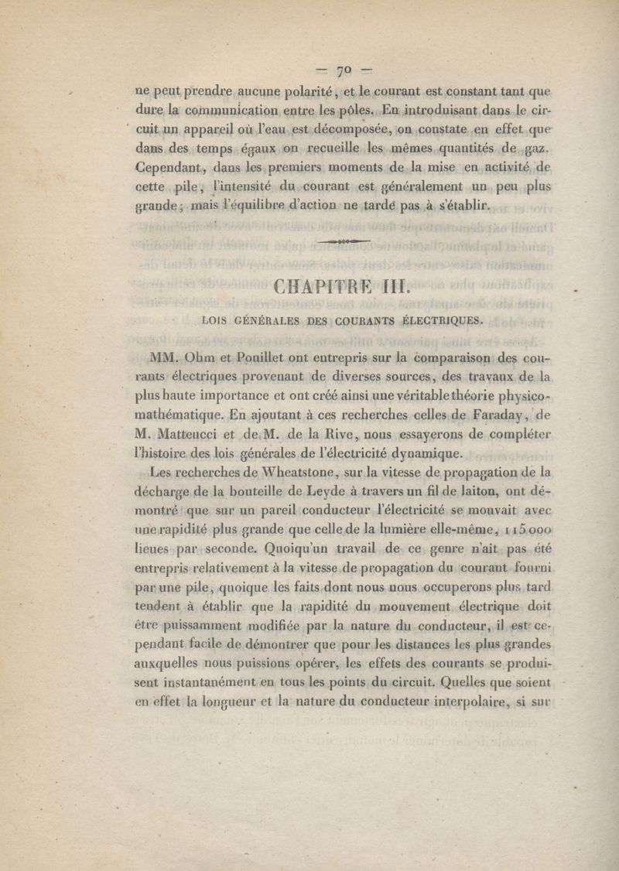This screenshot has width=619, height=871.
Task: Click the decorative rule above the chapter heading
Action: pos(344,241)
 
